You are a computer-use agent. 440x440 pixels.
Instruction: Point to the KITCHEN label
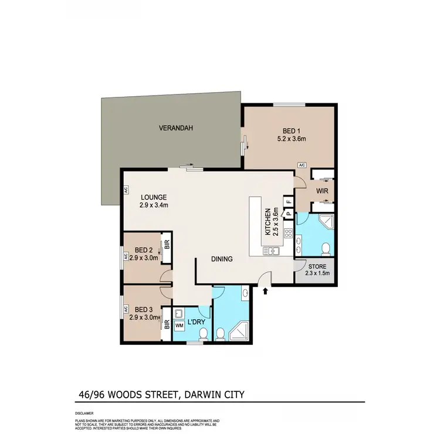[x=267, y=222]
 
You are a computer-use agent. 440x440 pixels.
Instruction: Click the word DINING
[x=222, y=259]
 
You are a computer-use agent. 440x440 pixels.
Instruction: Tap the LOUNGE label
[x=154, y=197]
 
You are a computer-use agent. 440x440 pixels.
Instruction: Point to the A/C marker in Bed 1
[x=302, y=165]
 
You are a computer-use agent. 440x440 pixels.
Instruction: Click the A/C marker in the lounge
[x=126, y=190]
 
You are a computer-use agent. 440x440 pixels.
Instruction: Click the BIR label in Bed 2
[x=167, y=244]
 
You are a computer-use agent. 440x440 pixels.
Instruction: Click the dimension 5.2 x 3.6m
[x=292, y=139]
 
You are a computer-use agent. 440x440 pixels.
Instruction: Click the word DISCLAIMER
[x=84, y=414]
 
